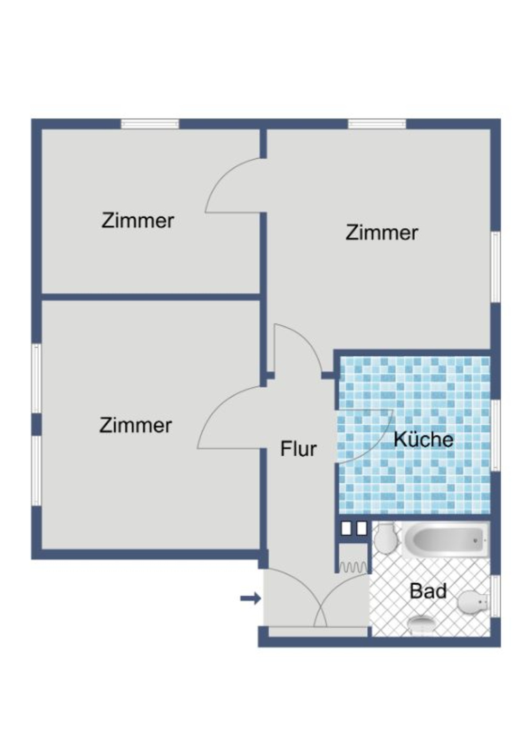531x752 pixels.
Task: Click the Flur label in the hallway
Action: [298, 449]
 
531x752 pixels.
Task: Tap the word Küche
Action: [423, 440]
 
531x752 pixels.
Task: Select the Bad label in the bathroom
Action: [428, 591]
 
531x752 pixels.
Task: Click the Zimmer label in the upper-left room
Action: [138, 221]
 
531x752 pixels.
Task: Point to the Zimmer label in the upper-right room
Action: [382, 233]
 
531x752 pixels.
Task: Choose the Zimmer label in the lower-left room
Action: [135, 425]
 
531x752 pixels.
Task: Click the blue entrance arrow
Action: [250, 599]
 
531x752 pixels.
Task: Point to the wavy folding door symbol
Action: [353, 567]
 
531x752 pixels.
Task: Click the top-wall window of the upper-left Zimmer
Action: [150, 124]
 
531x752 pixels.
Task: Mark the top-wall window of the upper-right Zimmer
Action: [377, 124]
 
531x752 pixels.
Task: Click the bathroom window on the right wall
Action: [495, 596]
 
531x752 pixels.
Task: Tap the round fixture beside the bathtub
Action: [386, 539]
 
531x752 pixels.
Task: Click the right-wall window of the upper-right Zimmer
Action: [495, 267]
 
